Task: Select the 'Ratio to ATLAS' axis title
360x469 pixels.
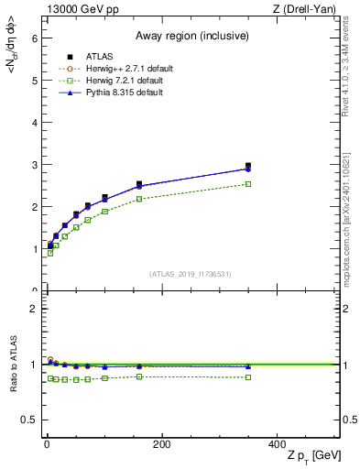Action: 13,365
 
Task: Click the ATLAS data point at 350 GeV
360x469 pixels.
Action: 248,166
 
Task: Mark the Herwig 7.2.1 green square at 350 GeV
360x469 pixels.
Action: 248,184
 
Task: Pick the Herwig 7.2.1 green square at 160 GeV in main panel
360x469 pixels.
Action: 139,199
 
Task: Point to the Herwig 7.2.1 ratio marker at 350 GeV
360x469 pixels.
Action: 248,377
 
